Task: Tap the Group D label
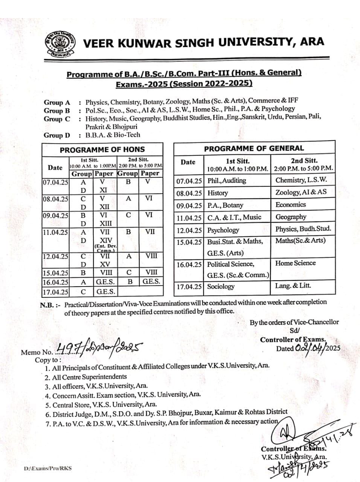[57, 135]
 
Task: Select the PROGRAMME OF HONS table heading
[102, 149]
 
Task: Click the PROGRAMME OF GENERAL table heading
[253, 148]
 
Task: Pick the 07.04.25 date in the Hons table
[55, 182]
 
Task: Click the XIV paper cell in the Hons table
[105, 240]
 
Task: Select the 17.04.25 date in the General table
[189, 287]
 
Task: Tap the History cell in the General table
[218, 193]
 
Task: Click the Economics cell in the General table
[290, 204]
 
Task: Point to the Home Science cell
[295, 263]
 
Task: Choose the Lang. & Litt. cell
[293, 285]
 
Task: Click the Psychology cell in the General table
[223, 230]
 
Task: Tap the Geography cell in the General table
[291, 217]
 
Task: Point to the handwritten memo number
[99, 349]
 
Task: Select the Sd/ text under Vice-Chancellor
[294, 331]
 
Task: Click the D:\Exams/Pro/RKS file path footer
[47, 468]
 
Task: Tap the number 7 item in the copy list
[48, 423]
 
